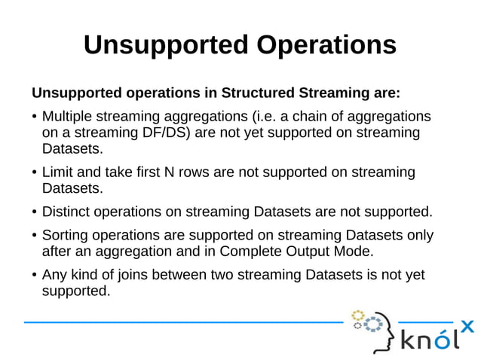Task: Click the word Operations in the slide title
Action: tap(326, 44)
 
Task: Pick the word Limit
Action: tap(57, 172)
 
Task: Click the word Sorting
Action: tap(67, 235)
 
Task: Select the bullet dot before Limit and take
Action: tap(35, 173)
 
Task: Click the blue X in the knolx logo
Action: tap(467, 326)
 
